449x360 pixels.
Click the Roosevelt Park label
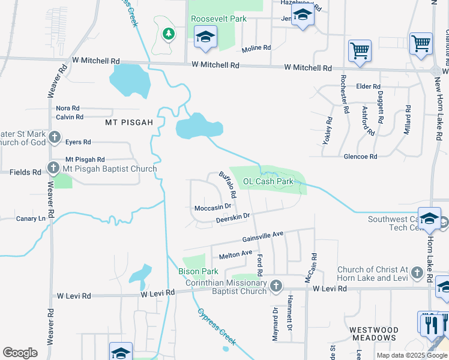(x=218, y=19)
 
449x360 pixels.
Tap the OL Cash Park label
(x=268, y=181)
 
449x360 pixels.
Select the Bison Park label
(x=197, y=272)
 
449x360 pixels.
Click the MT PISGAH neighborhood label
(x=129, y=122)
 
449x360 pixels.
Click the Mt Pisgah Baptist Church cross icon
(x=54, y=169)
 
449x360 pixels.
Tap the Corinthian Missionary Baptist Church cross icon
(x=276, y=285)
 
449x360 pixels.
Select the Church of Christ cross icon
(x=419, y=274)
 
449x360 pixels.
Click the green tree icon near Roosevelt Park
(x=169, y=34)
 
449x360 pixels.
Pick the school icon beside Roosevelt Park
(x=205, y=37)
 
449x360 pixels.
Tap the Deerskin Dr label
(x=232, y=218)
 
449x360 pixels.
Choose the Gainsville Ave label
(x=262, y=237)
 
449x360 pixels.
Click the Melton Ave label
(x=235, y=255)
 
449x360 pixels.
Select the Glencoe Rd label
(x=360, y=157)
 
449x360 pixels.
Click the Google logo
(x=20, y=353)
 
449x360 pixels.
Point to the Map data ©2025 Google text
(x=411, y=355)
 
